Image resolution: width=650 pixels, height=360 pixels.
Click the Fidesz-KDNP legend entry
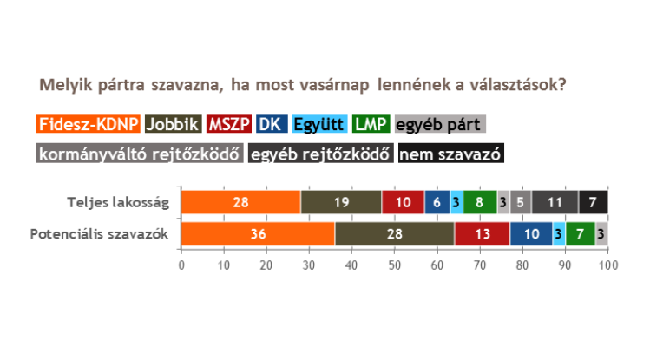pos(89,123)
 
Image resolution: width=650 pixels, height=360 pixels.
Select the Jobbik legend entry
pos(174,123)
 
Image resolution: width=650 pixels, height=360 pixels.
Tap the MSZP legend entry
pos(229,123)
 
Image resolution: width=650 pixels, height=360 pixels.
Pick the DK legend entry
pos(272,123)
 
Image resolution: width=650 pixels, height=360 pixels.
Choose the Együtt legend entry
pos(319,123)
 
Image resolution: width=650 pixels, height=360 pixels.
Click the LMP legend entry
pos(371,123)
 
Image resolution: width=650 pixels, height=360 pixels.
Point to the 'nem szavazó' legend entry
pos(451,154)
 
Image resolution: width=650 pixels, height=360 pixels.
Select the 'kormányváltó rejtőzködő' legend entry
pos(140,154)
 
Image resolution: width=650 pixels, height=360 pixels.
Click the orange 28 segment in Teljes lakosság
pos(241,202)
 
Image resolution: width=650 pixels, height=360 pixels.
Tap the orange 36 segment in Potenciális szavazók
pos(258,234)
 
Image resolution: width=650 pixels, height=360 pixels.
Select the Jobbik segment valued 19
pos(341,202)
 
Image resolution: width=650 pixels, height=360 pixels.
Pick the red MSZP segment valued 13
pos(483,234)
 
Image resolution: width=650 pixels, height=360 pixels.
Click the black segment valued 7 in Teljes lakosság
pos(594,202)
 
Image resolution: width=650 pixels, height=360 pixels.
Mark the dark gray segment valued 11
pos(555,202)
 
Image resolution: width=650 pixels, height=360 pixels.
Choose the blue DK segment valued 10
pos(531,234)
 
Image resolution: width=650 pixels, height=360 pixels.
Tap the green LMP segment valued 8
pos(480,202)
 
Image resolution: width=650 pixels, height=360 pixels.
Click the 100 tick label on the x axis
pos(608,265)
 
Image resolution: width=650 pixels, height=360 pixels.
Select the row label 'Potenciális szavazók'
pos(99,234)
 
